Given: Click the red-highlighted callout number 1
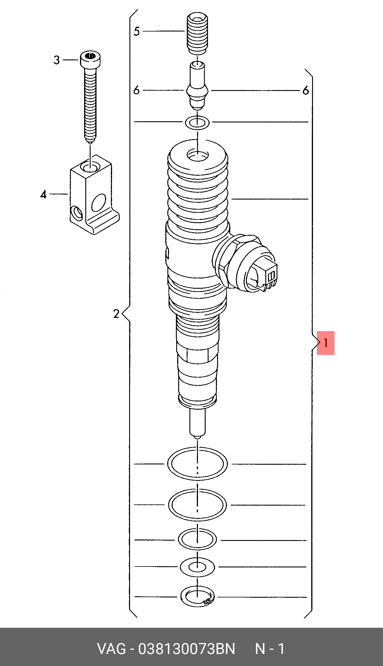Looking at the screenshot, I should coord(325,343).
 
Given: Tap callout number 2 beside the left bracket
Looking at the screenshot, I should coord(116,314).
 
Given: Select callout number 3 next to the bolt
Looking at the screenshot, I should coord(57,60).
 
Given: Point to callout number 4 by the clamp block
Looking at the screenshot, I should coord(44,195).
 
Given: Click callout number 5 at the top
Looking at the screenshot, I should coord(136,31).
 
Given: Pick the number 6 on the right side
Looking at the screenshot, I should coord(306,91).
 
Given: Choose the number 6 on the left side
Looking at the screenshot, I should coord(136,90).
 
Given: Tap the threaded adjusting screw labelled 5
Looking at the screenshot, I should coord(197,34).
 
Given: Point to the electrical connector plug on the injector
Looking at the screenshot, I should coord(266,275).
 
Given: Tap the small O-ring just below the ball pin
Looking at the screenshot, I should coord(197,122).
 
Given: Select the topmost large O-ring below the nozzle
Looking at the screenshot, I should coord(197,464).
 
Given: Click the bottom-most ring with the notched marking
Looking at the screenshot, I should coord(197,597).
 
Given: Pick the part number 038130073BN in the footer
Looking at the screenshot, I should coord(187,649).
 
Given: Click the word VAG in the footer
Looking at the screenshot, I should coord(111,649).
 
